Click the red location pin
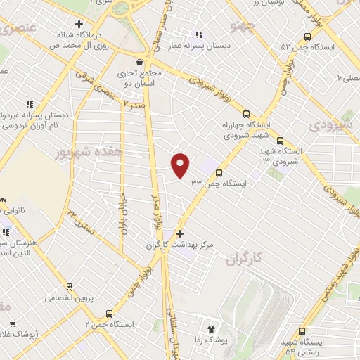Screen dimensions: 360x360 pos(181,165)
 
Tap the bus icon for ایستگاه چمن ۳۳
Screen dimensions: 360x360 pos(219,172)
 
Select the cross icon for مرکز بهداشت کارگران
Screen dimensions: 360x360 pos(180,233)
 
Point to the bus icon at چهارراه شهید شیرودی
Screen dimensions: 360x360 pos(245,113)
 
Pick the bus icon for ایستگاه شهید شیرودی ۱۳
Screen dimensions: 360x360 pos(280,141)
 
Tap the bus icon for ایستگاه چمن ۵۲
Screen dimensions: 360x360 pos(307,37)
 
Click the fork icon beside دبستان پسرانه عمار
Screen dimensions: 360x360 pos(200,34)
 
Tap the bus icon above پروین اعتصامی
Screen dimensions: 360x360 pos(69,287)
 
